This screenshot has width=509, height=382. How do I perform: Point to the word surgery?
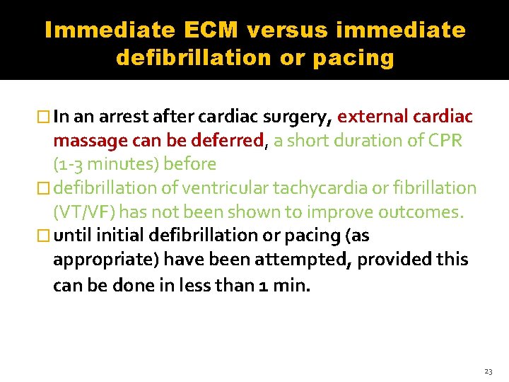click(x=298, y=117)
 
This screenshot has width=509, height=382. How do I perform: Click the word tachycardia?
click(x=335, y=188)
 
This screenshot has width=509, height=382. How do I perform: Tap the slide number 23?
click(x=488, y=370)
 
